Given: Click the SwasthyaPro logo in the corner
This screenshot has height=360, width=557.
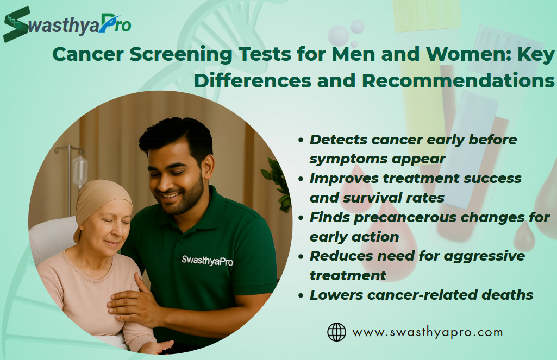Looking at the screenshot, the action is click(67, 24).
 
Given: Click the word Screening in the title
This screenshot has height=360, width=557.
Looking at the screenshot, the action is click(180, 54).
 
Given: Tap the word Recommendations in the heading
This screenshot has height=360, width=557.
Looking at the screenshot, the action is click(458, 80).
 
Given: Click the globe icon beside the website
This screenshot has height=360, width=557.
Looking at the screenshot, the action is click(336, 332).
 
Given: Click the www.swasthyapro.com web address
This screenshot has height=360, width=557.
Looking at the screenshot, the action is click(427, 332).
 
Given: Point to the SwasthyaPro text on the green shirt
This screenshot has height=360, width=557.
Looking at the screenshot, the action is click(207, 261).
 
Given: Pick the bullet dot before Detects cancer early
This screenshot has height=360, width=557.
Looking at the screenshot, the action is click(301, 140).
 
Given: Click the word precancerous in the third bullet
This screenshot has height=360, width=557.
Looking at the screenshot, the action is click(405, 218).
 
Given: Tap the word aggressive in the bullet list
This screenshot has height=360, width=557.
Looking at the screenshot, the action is click(484, 256).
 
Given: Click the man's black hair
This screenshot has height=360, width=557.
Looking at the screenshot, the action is click(177, 137).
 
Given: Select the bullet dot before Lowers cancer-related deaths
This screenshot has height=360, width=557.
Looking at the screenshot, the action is click(301, 295).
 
